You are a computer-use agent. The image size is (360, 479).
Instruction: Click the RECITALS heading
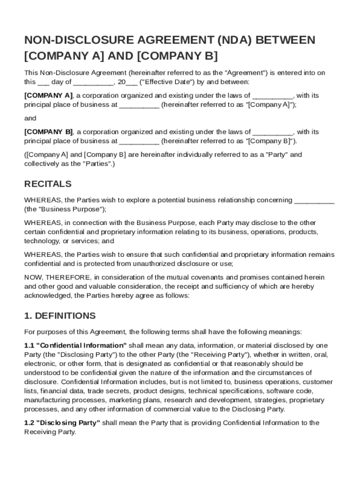tap(48, 183)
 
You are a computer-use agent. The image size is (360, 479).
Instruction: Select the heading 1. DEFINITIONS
tap(60, 315)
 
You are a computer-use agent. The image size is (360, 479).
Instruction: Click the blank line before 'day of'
tap(43, 82)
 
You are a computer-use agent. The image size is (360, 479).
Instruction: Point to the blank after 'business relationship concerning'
tap(314, 201)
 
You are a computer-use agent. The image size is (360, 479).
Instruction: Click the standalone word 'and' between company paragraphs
tap(30, 118)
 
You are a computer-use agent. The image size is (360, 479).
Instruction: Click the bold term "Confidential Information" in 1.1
tap(82, 346)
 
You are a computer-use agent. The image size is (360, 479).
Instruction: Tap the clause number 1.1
tap(29, 346)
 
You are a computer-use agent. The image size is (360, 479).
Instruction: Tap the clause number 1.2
tap(29, 423)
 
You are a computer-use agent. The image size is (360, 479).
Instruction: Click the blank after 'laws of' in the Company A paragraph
tap(273, 96)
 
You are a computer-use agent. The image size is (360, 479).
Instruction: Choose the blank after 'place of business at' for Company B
tap(139, 141)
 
